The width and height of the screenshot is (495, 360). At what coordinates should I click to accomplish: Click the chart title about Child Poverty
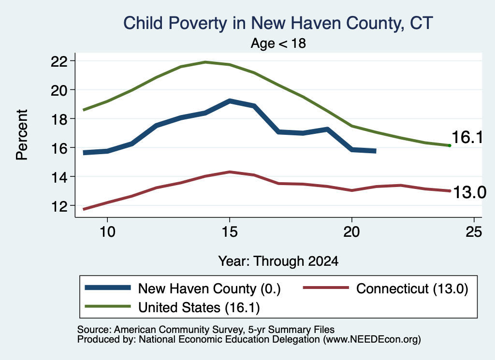click(278, 23)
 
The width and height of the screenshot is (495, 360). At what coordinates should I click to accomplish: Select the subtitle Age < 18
click(278, 43)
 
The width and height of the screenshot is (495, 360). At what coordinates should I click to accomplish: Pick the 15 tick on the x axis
click(230, 232)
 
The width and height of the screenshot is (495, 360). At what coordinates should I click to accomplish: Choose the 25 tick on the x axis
click(474, 232)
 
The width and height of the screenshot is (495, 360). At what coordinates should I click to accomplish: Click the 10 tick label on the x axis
click(107, 232)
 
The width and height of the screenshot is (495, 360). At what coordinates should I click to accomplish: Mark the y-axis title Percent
click(22, 135)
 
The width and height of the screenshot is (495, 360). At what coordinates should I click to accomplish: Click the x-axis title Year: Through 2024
click(278, 261)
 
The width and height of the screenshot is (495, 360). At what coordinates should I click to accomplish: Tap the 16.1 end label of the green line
click(467, 137)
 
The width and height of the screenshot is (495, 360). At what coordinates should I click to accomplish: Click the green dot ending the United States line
click(450, 145)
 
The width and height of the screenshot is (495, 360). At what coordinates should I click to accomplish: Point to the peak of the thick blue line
click(230, 101)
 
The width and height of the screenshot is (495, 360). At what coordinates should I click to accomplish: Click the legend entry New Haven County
click(183, 288)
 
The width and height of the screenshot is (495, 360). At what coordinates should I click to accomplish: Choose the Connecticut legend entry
click(385, 288)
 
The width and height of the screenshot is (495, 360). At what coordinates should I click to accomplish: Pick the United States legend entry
click(173, 307)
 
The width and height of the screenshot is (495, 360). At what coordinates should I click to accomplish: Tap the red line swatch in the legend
click(326, 288)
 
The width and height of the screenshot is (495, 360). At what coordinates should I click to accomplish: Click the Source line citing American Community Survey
click(206, 330)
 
